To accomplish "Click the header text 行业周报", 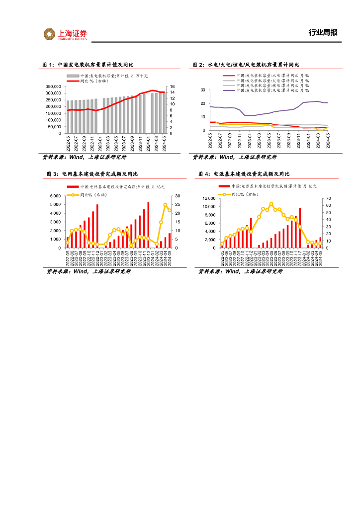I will click(323, 33).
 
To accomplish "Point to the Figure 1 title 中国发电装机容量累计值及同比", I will click(95, 65).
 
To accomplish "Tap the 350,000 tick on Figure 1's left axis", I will click(53, 86).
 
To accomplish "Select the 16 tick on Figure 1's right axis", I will click(172, 86).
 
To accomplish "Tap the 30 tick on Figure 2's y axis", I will click(202, 90).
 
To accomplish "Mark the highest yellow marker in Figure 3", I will click(165, 205).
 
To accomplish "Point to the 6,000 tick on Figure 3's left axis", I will click(54, 196).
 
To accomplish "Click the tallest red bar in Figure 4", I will click(300, 228).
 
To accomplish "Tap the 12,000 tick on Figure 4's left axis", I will click(208, 198).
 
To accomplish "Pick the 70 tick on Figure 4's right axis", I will click(328, 198).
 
